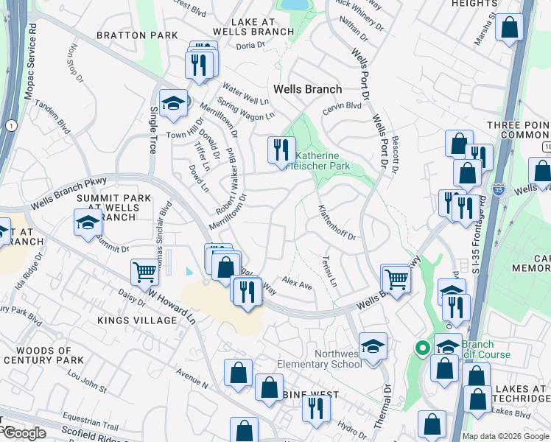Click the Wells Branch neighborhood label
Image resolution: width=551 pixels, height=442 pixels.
307,89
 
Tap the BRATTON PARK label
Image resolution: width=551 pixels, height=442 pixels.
140,35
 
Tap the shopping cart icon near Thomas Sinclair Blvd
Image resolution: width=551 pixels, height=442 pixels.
145,272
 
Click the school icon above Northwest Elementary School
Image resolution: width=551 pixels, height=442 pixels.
373,345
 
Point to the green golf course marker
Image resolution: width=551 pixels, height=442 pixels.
422,348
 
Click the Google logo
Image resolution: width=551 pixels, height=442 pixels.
24,433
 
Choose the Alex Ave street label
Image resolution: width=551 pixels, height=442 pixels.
298,284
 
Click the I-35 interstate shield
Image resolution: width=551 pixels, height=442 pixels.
499,188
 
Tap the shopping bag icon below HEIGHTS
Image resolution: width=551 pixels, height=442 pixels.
509,29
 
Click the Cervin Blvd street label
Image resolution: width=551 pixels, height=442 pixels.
342,106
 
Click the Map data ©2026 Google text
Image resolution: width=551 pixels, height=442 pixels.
505,436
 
